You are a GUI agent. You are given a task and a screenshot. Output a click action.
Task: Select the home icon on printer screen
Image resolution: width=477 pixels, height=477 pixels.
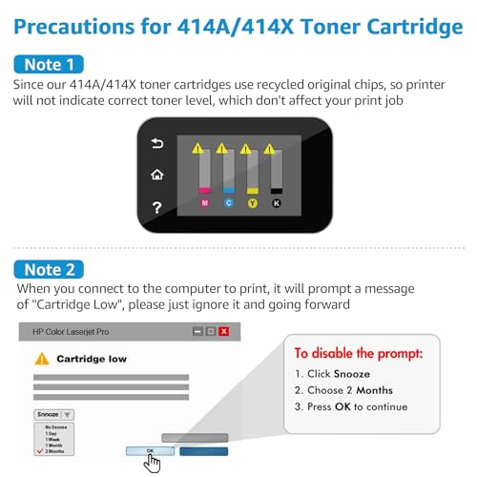point(157,176)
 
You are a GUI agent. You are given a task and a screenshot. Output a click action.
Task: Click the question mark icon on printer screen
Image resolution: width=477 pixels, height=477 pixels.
point(157,207)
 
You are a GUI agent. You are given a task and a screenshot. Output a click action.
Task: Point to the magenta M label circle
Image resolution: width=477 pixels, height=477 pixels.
point(204,202)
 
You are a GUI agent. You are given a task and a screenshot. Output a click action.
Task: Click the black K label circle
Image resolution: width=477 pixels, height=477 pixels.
point(277,202)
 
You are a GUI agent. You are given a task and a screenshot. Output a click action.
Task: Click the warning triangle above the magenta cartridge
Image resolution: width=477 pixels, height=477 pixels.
point(198,149)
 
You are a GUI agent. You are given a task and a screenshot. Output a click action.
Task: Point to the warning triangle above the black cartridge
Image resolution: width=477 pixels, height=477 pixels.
point(270,149)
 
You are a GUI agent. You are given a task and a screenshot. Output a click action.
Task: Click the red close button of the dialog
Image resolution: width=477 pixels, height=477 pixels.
point(224,332)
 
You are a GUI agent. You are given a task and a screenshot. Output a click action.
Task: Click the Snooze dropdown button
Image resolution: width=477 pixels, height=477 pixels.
point(68,415)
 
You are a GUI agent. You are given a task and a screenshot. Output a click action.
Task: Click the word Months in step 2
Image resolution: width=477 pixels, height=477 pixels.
point(375,390)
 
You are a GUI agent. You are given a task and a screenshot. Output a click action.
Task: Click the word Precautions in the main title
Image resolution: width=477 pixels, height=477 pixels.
point(79,26)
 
